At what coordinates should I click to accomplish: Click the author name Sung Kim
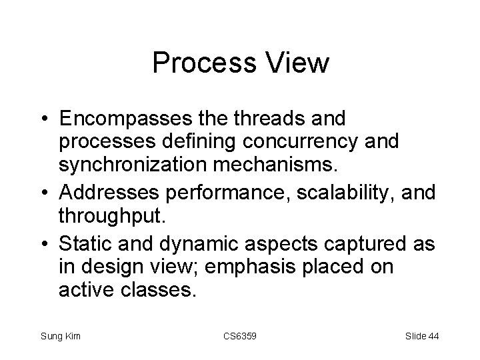point(60,335)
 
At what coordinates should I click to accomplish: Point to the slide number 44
point(433,335)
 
